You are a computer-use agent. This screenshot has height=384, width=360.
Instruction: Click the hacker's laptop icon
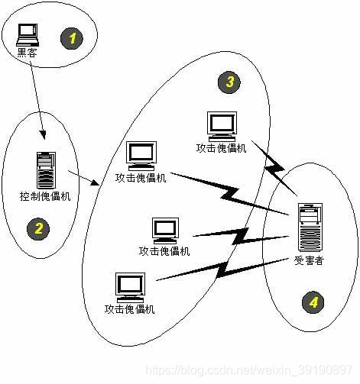[x=28, y=33]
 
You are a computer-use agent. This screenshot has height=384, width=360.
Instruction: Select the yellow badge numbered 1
[x=73, y=37]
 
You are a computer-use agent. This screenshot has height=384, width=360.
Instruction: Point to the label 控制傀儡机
[x=45, y=197]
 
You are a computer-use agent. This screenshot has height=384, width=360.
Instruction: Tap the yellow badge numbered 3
[x=226, y=83]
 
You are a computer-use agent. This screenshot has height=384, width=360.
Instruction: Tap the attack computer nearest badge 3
[x=222, y=125]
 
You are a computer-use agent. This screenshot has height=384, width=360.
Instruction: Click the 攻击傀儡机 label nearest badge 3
[x=222, y=147]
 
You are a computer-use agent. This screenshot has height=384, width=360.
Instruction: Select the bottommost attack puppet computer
[x=129, y=286]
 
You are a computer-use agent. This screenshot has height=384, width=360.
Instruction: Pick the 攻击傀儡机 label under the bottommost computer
[x=129, y=309]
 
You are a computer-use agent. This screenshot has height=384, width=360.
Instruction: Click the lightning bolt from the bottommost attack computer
[x=222, y=268]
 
